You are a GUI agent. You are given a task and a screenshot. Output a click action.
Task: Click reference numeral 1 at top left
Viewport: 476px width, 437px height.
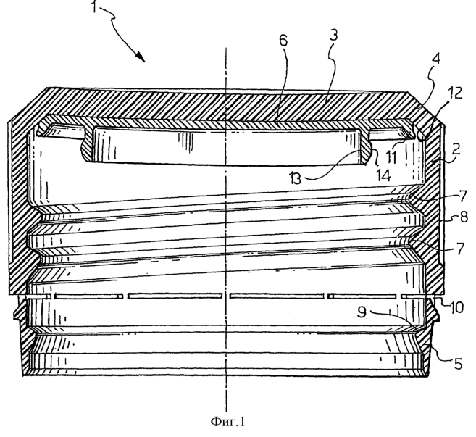(x=94, y=7)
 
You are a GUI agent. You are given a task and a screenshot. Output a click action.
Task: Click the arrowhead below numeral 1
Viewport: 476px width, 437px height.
(x=141, y=57)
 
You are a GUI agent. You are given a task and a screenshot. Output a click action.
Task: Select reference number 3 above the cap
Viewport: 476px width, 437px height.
(x=333, y=35)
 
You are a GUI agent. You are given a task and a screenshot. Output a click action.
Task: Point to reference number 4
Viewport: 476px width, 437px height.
(x=435, y=59)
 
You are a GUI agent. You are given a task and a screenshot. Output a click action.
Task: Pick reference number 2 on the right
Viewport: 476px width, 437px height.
(x=456, y=149)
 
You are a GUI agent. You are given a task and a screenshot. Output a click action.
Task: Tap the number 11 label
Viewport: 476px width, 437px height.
(x=392, y=157)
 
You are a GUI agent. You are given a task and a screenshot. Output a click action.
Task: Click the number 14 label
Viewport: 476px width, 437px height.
(x=383, y=175)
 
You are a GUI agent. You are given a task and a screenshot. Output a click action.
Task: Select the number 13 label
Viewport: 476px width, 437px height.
(x=295, y=178)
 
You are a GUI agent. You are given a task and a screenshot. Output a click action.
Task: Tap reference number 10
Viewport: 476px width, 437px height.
(x=456, y=307)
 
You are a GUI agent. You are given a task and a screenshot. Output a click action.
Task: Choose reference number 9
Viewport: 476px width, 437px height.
(x=362, y=312)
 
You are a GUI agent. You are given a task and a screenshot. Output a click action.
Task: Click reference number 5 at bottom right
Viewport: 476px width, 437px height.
(x=458, y=364)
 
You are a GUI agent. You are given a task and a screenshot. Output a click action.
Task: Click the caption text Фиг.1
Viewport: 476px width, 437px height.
(x=227, y=422)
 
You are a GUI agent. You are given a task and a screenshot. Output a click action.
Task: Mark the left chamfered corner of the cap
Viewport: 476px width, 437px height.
(x=27, y=105)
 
